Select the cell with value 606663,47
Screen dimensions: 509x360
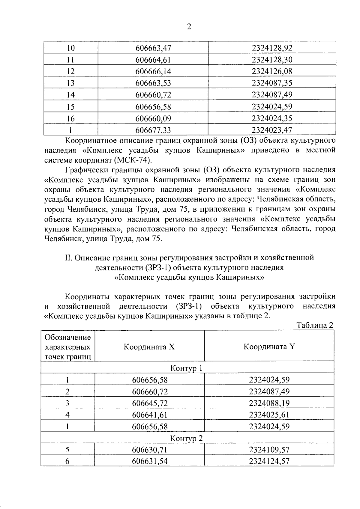[x=153, y=48]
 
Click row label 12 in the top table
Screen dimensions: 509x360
[x=70, y=71]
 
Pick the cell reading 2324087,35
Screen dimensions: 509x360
[x=272, y=83]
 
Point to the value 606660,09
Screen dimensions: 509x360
[x=153, y=118]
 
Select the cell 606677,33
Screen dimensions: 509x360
[x=153, y=130]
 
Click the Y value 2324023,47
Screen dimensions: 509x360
[x=272, y=130]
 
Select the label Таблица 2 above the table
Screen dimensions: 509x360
[x=315, y=325]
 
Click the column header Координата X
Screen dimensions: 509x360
[x=149, y=347]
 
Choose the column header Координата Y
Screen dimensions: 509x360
[x=269, y=347]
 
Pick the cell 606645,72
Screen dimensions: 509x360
[x=150, y=403]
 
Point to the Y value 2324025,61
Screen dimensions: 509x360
[x=269, y=415]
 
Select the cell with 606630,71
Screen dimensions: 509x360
[x=150, y=450]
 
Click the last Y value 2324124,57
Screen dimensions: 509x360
[x=269, y=461]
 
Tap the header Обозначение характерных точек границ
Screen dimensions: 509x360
[x=68, y=347]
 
